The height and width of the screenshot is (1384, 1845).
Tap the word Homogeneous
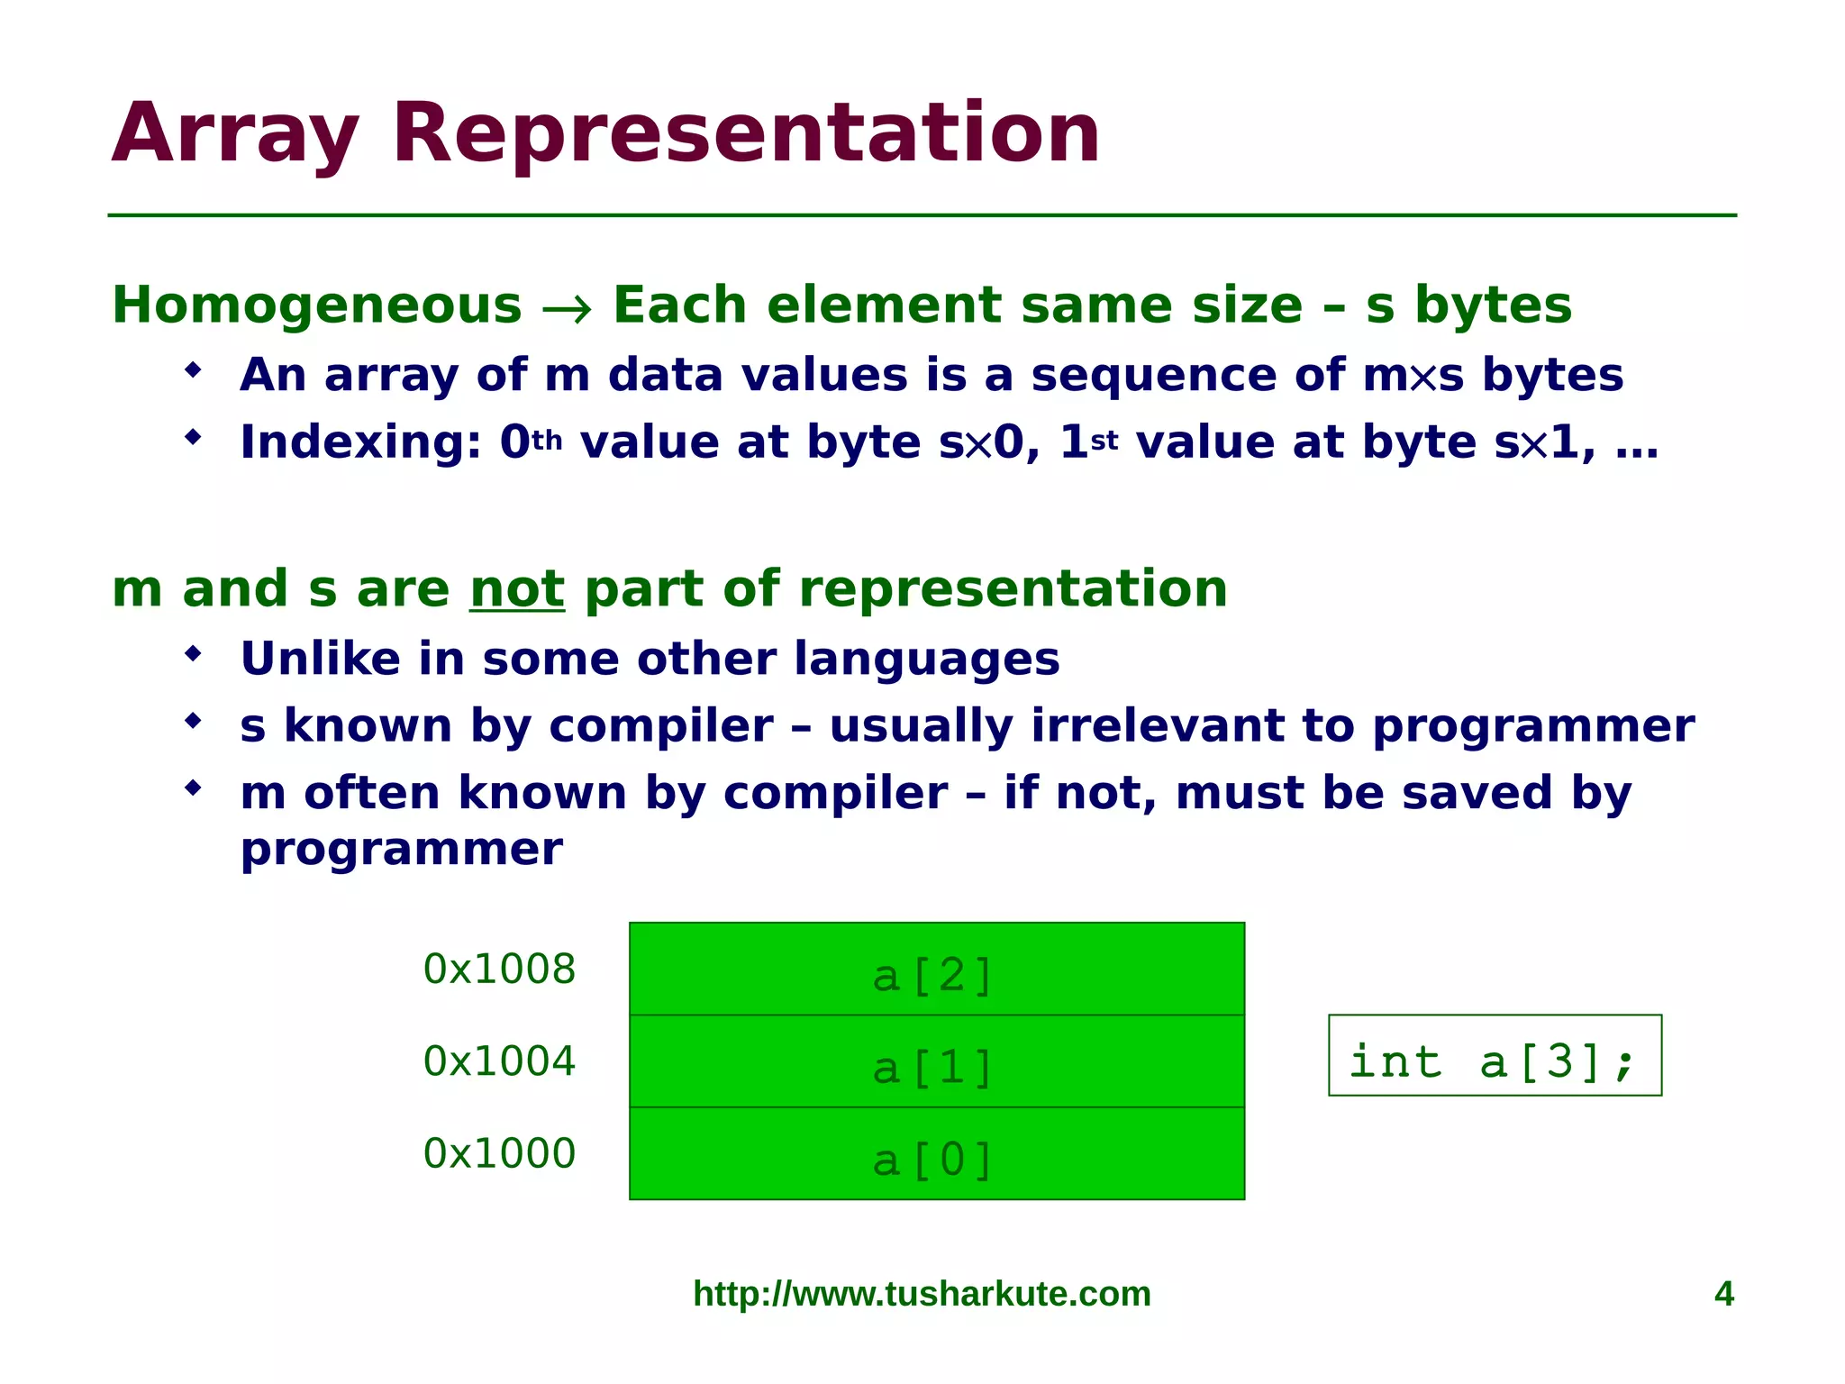point(316,305)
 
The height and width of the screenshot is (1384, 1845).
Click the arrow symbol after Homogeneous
point(567,309)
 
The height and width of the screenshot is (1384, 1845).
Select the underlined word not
point(517,589)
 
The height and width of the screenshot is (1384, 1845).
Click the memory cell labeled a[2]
point(936,970)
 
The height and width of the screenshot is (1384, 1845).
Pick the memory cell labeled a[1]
point(936,1061)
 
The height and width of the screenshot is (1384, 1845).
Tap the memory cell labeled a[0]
point(936,1154)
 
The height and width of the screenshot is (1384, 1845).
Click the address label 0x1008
point(499,970)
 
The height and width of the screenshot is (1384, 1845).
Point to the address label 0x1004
point(499,1061)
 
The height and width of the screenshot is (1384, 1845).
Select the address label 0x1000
point(499,1154)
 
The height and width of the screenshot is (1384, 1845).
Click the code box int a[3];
point(1494,1056)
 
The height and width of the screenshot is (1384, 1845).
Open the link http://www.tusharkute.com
point(922,1294)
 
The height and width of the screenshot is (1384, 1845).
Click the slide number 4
point(1723,1294)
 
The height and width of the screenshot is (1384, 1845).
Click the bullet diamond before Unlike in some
point(193,653)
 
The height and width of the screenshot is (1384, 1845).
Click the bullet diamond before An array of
point(193,369)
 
